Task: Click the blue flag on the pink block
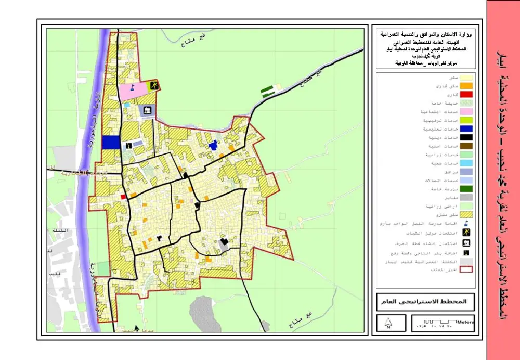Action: [x=133, y=87]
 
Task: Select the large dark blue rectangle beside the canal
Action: [x=110, y=143]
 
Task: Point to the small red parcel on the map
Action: [x=123, y=197]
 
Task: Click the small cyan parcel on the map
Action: [x=127, y=105]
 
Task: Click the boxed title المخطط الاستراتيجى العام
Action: [x=425, y=302]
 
